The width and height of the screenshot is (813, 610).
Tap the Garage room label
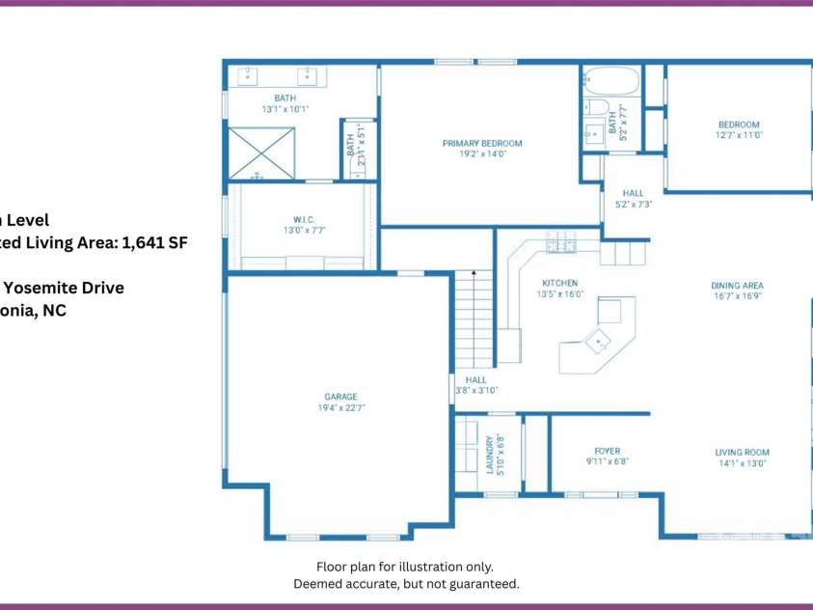tap(340, 397)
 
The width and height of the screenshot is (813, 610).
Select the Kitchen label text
tap(558, 283)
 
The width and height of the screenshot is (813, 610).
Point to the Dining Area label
tap(738, 286)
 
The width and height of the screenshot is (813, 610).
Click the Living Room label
tap(742, 453)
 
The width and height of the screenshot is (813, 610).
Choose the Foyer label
tap(608, 451)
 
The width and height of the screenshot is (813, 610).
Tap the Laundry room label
tap(490, 454)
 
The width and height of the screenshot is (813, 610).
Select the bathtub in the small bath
tap(611, 80)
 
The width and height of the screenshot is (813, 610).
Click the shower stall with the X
tap(261, 153)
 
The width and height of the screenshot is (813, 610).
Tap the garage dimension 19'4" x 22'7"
tap(340, 408)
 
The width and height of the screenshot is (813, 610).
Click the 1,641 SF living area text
tap(151, 243)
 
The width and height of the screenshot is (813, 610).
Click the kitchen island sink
tap(599, 340)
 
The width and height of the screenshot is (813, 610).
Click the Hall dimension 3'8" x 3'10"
tap(475, 391)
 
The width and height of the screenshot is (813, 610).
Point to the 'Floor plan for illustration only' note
tap(405, 567)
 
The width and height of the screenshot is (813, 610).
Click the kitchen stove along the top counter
tap(559, 243)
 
